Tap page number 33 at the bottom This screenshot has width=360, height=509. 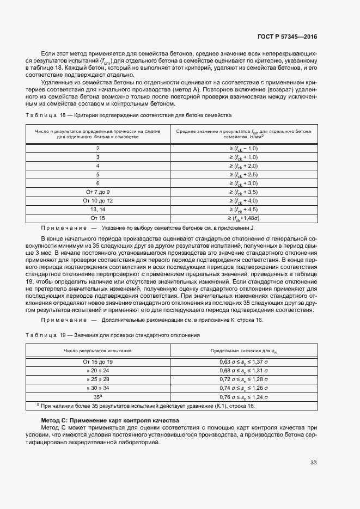(x=313, y=463)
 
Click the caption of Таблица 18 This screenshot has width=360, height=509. (x=129, y=115)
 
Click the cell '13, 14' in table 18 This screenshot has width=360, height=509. (x=98, y=209)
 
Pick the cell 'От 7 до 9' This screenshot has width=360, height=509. (x=98, y=192)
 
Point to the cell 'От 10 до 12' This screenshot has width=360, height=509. (x=98, y=200)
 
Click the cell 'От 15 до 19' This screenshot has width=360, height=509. (x=98, y=361)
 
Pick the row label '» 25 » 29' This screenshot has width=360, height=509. (x=98, y=379)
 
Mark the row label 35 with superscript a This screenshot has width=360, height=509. (x=98, y=396)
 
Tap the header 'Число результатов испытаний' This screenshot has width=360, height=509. (x=98, y=351)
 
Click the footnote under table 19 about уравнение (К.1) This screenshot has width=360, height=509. (x=146, y=406)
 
